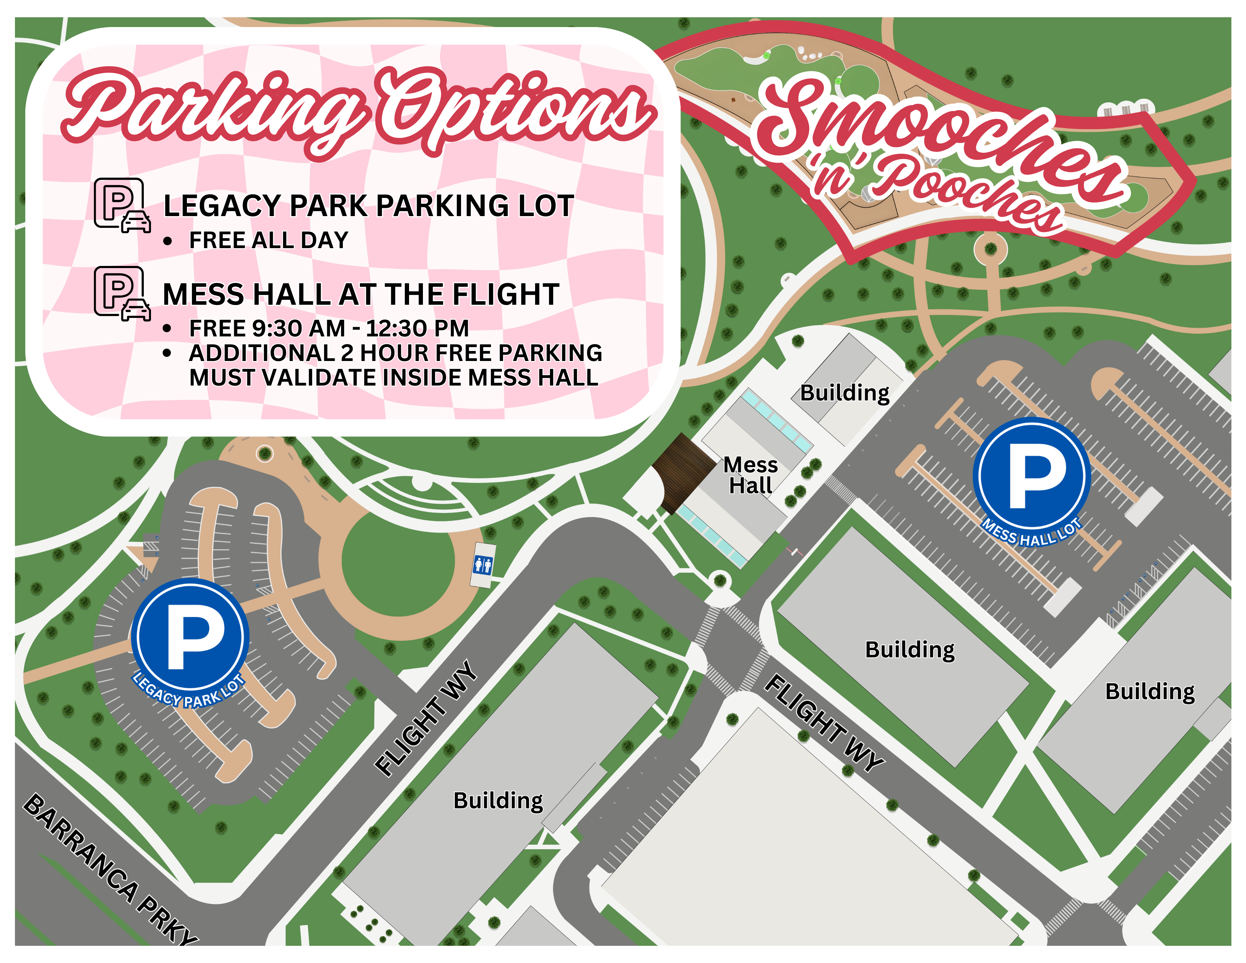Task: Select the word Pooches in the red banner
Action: (x=970, y=197)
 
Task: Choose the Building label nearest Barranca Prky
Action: (x=498, y=800)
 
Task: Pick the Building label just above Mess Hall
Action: (x=844, y=393)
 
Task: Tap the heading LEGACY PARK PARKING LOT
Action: (x=368, y=206)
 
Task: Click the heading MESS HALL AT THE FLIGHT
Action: (x=361, y=294)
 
